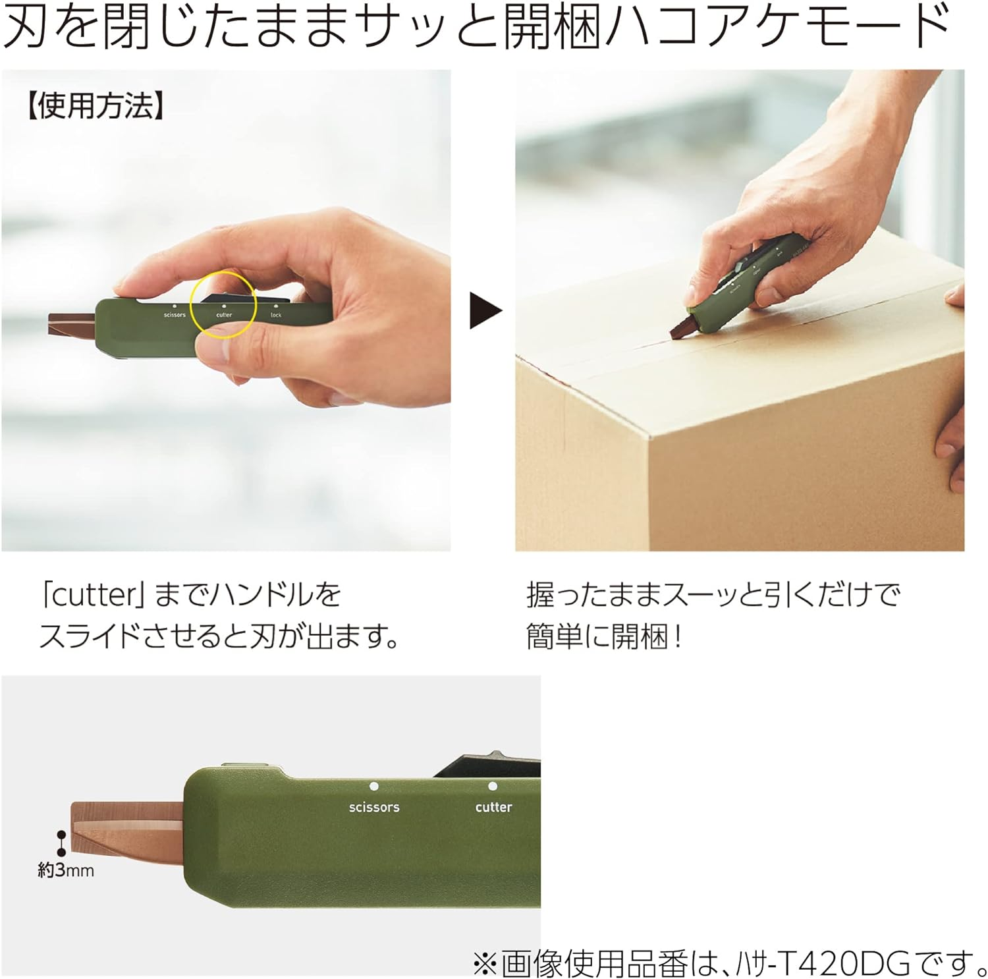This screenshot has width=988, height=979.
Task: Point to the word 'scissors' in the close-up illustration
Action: point(374,807)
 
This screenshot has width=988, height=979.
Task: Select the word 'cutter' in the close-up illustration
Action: point(493,807)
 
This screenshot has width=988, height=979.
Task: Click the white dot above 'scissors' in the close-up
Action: point(374,786)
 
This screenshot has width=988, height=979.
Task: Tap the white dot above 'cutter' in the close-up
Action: point(493,786)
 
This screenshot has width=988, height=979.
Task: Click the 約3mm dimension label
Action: point(66,870)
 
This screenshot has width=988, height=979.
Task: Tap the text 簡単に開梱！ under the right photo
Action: point(604,636)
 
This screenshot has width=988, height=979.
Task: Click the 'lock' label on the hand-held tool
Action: point(276,315)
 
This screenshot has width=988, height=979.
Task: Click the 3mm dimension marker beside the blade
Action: point(61,843)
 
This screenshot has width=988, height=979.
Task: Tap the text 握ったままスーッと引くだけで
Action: point(713,595)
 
